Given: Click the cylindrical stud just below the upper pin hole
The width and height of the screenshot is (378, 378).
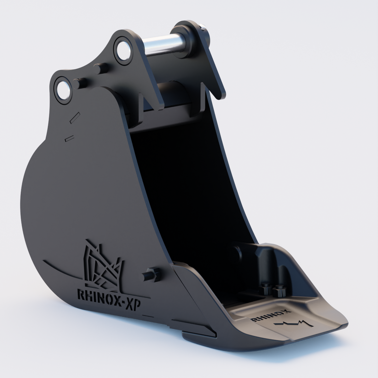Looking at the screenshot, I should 100,67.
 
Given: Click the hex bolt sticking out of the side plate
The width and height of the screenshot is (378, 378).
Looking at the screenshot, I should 152,274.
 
